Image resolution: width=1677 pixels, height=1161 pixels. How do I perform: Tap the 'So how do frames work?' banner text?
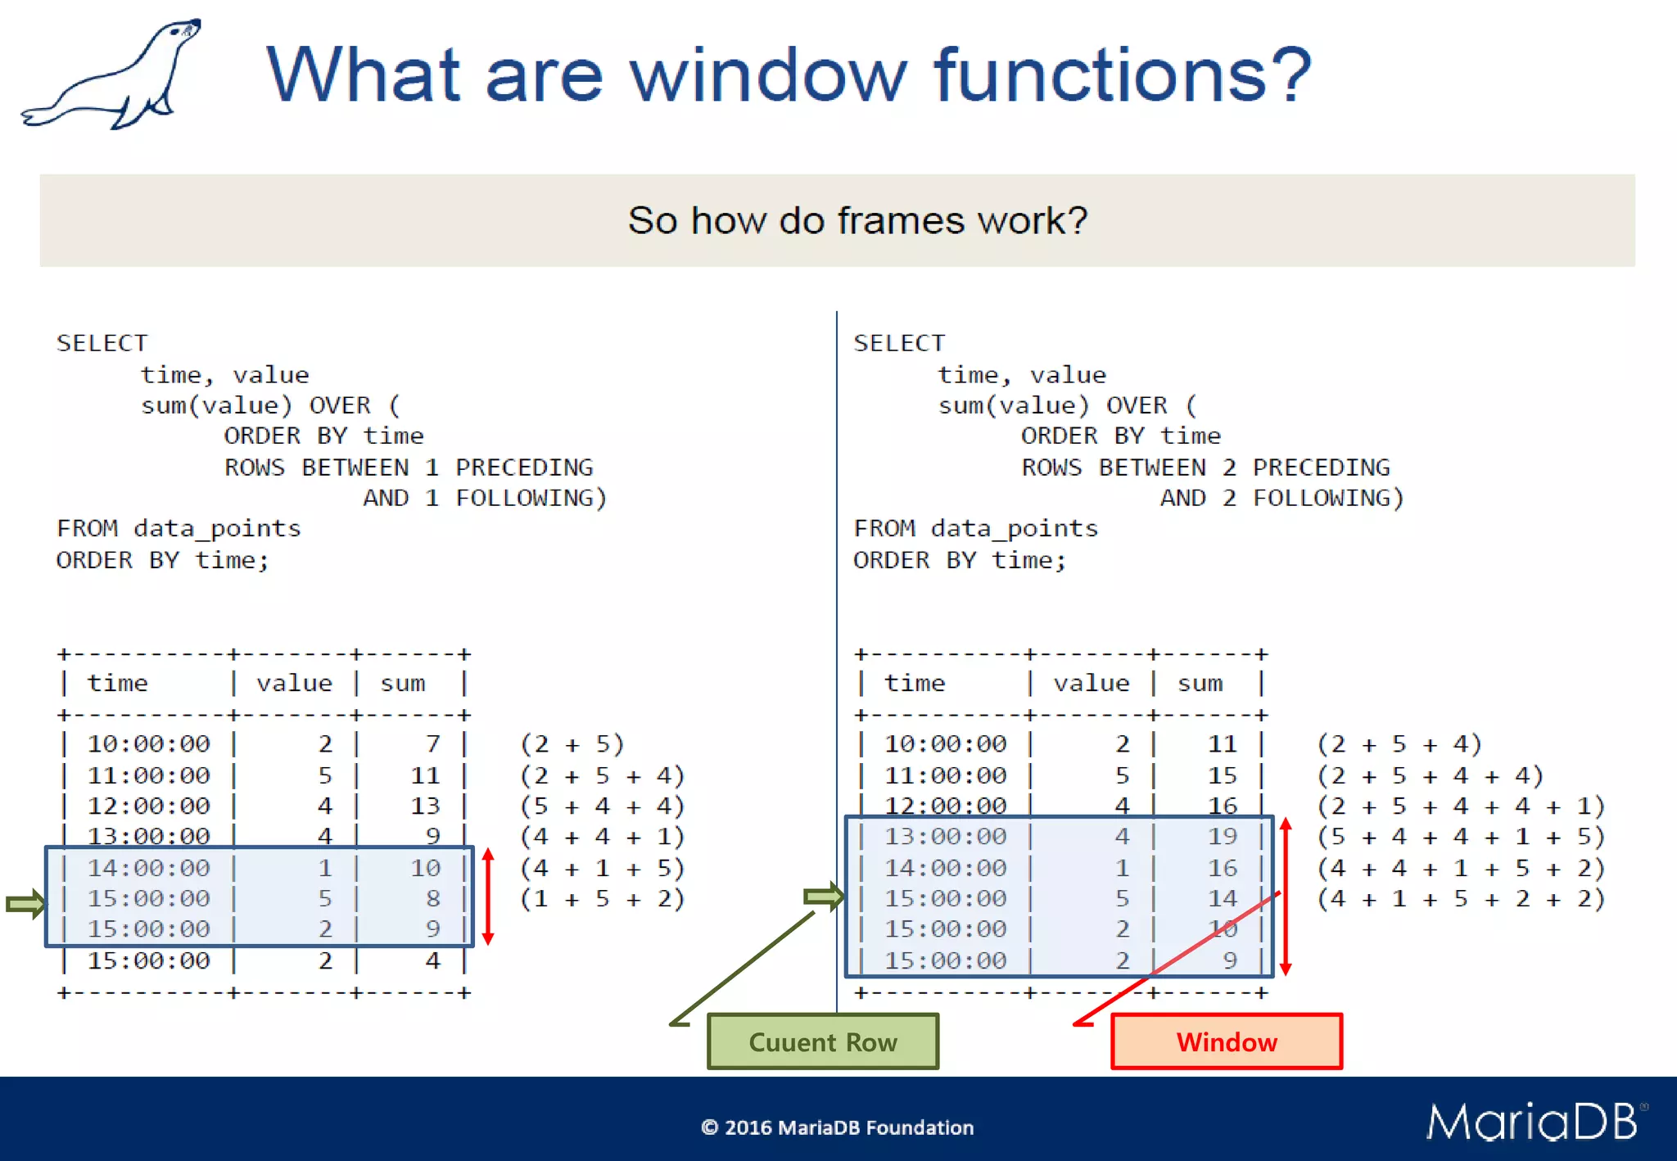click(x=857, y=220)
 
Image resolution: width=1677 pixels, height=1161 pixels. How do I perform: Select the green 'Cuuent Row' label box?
click(x=823, y=1041)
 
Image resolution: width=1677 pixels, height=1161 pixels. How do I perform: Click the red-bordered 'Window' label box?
click(x=1226, y=1041)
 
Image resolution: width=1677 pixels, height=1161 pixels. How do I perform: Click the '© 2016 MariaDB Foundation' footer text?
click(x=837, y=1127)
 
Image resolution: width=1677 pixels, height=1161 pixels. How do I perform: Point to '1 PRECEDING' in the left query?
click(x=509, y=467)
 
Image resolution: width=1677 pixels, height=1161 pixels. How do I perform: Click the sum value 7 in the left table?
click(x=432, y=743)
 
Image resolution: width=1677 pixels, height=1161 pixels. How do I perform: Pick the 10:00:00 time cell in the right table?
click(x=945, y=743)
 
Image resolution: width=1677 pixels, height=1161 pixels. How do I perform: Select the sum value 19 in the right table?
click(x=1222, y=836)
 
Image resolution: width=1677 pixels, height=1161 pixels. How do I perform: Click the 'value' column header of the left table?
click(x=294, y=683)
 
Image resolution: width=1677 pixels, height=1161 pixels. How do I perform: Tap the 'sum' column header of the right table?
click(x=1200, y=683)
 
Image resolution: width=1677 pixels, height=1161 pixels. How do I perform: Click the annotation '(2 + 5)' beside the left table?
click(x=572, y=743)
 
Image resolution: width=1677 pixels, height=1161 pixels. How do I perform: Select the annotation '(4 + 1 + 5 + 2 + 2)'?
click(x=1461, y=898)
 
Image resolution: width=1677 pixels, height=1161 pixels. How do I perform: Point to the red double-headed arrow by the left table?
click(x=488, y=897)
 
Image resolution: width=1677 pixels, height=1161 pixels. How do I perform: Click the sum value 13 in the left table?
click(x=425, y=806)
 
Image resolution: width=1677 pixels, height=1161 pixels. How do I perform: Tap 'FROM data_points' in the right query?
click(x=975, y=528)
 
